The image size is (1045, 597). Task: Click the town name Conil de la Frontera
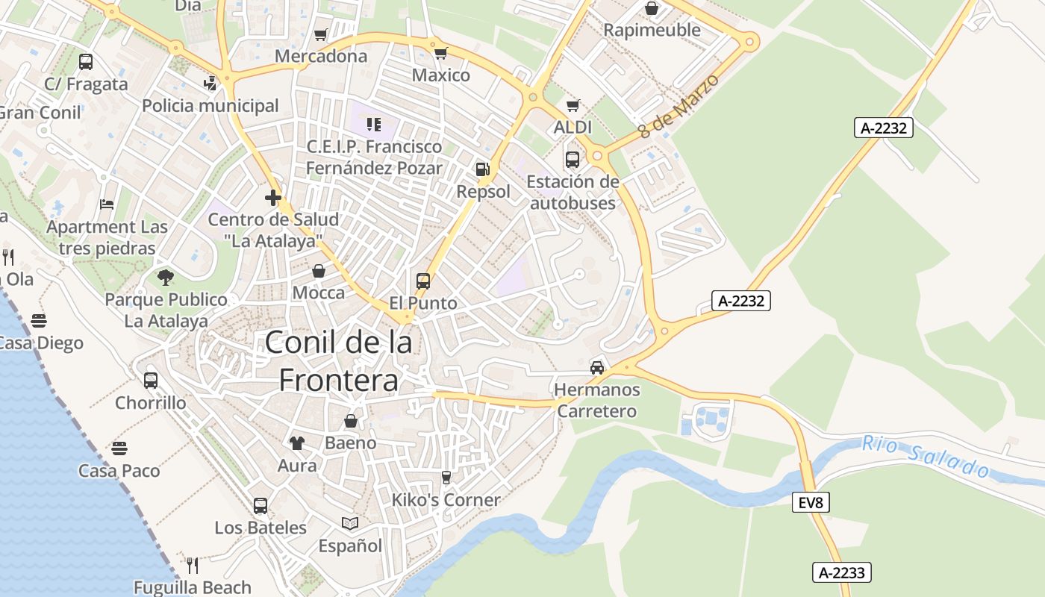tap(338, 361)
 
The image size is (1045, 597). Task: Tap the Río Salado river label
tap(926, 456)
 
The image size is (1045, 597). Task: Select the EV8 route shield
tap(810, 502)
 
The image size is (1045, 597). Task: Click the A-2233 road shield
tap(841, 572)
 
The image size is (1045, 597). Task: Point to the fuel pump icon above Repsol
tap(483, 170)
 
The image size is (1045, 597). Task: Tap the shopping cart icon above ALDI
tap(573, 105)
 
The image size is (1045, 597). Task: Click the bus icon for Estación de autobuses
tap(573, 159)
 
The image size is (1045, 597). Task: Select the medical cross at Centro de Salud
tap(273, 198)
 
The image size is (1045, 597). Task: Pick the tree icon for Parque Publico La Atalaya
tap(166, 278)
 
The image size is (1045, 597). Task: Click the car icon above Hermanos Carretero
tap(597, 367)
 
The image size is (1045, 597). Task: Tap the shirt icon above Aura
tap(297, 443)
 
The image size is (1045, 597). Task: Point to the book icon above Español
tap(350, 524)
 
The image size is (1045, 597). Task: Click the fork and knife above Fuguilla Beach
tap(193, 565)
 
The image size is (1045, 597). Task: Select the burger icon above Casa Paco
tap(119, 448)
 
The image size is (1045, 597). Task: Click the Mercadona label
tap(321, 56)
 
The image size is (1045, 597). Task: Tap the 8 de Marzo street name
tap(679, 105)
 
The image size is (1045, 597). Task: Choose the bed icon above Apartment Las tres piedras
tap(107, 204)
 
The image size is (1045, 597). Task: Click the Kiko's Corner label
tap(446, 499)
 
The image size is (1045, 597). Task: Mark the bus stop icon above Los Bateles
tap(261, 505)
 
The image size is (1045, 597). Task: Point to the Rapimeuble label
tap(652, 30)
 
